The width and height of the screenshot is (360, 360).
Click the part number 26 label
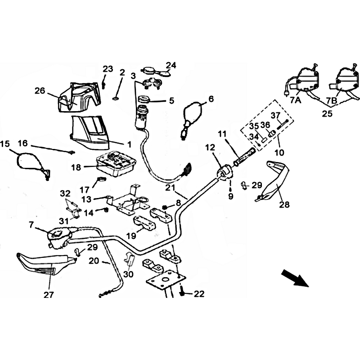point(40,91)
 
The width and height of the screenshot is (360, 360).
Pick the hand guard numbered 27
point(46,264)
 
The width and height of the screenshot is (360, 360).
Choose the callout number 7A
point(296,100)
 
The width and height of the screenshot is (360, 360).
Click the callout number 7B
point(332,100)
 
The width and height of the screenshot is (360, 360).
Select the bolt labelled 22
point(182,290)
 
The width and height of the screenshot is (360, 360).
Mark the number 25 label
point(327,114)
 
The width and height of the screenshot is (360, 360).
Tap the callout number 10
point(279,152)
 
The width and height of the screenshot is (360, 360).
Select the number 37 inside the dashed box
point(276,116)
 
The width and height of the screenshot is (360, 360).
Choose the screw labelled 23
point(104,85)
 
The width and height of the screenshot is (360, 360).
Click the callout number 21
point(170,188)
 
